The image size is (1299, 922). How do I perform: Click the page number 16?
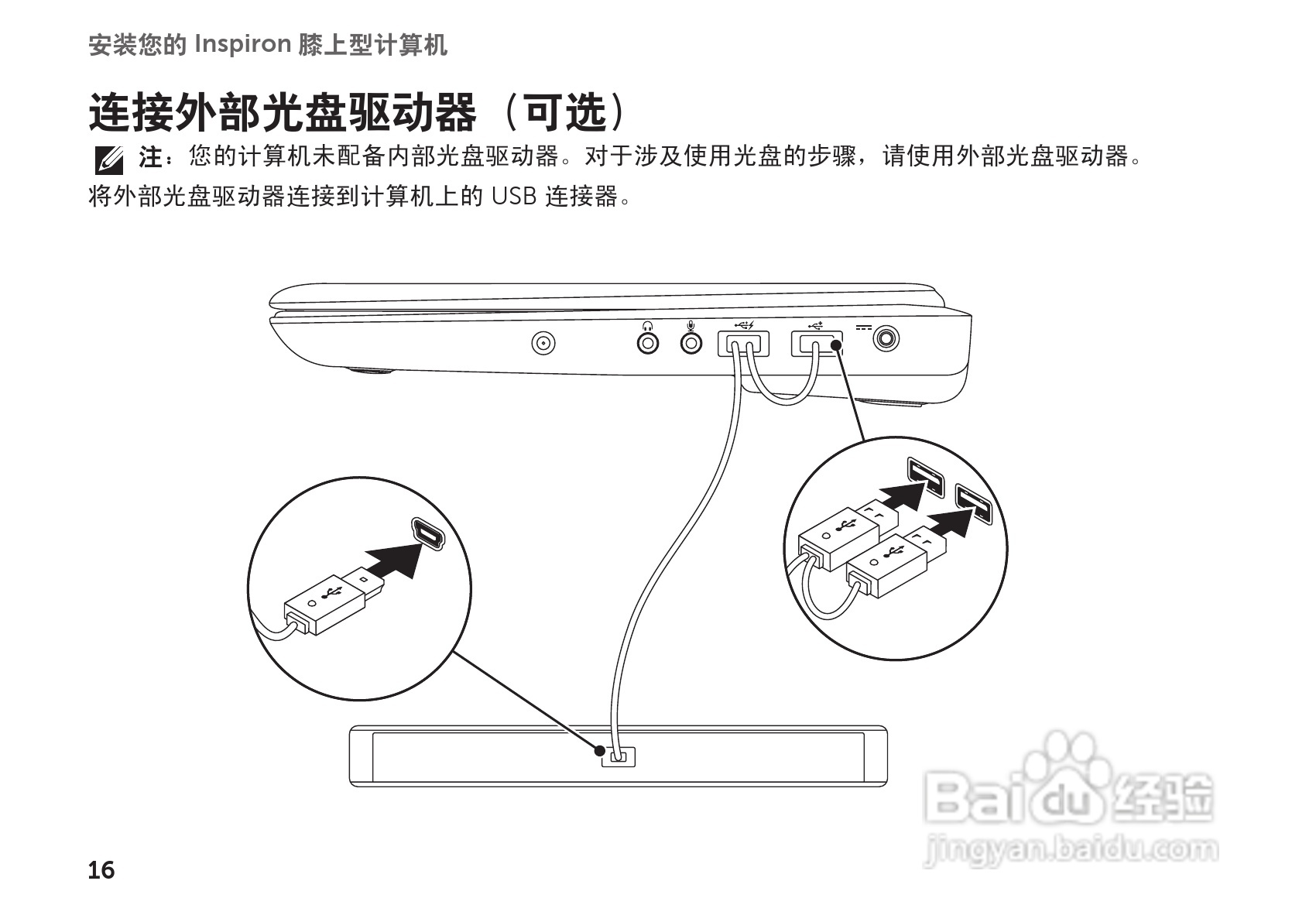101,870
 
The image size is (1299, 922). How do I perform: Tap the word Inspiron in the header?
242,45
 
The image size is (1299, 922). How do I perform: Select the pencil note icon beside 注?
108,159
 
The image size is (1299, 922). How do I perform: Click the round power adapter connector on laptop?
887,338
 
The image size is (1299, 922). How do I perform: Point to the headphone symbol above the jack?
646,325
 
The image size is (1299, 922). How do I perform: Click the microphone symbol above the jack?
691,325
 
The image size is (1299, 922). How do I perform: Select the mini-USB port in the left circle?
427,534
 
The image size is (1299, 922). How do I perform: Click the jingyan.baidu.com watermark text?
1071,850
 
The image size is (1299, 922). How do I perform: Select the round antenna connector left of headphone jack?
544,343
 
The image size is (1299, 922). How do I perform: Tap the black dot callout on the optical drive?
599,750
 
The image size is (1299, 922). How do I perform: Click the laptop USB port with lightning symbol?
743,343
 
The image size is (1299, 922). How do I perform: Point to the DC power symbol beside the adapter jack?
863,327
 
